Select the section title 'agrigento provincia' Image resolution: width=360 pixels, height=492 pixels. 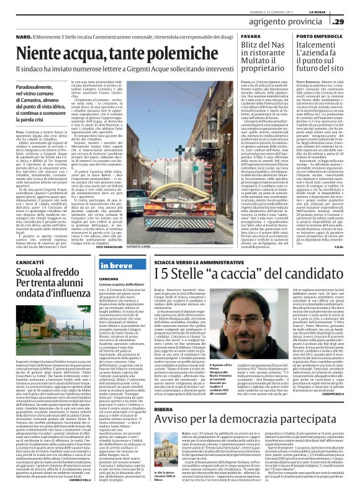[x=287, y=21]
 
